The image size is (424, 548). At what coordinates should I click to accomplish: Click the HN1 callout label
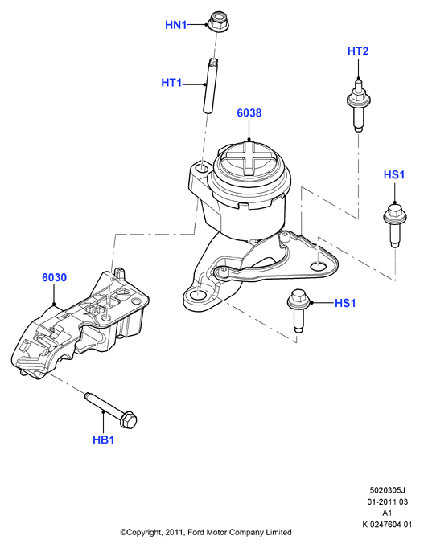tap(176, 25)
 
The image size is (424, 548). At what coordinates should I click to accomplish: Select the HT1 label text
tap(171, 83)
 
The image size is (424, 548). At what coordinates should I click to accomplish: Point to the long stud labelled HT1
tap(210, 86)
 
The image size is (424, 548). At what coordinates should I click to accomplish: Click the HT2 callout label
tap(358, 51)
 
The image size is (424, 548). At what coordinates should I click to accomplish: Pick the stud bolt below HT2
tap(358, 105)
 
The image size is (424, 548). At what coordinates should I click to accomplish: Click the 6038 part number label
tap(249, 112)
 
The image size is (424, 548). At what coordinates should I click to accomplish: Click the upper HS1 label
tap(394, 174)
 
